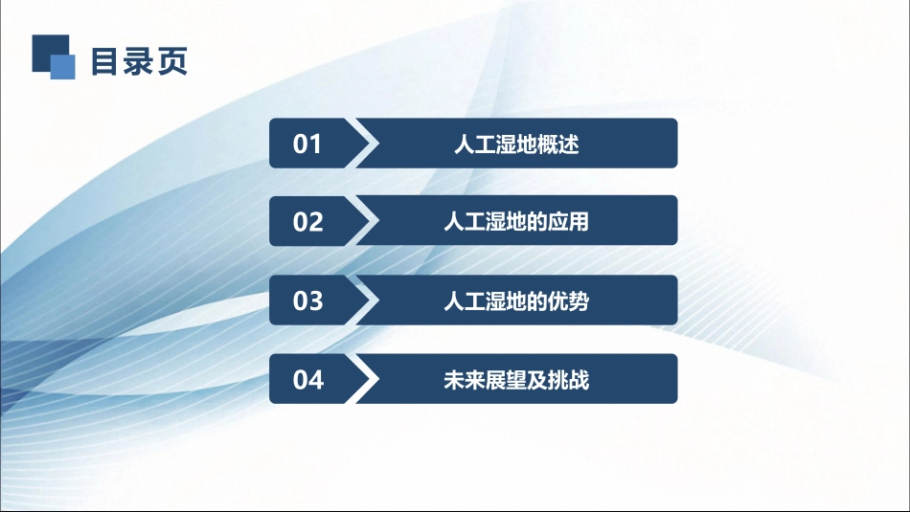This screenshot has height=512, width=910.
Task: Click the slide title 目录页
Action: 139,60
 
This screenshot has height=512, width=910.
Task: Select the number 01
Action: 307,145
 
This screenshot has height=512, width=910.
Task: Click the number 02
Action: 307,222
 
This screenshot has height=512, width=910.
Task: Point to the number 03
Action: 307,301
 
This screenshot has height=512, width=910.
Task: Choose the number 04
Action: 307,380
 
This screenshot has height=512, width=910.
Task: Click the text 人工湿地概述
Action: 516,145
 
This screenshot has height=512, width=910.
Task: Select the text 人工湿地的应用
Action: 516,222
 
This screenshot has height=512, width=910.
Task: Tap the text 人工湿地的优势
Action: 516,301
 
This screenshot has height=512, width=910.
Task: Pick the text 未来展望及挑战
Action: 516,380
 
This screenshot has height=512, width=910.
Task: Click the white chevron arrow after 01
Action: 364,144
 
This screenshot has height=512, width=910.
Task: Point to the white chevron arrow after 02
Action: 364,221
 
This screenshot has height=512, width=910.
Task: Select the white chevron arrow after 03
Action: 364,301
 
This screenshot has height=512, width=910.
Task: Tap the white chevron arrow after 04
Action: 364,379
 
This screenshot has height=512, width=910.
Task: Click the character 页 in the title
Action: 172,60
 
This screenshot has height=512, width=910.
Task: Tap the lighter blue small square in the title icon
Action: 63,66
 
